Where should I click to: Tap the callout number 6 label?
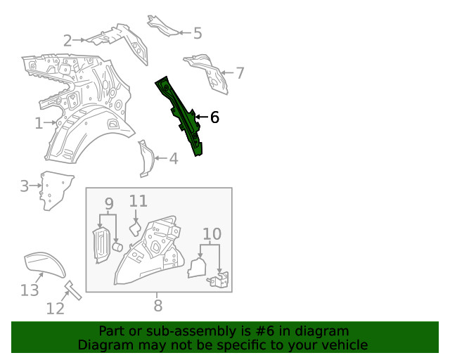(214, 117)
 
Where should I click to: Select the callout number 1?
(39, 124)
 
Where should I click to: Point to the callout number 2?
(67, 41)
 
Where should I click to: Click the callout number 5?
(198, 33)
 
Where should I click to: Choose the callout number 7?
(240, 73)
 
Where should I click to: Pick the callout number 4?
(174, 158)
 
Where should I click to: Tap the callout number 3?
(25, 186)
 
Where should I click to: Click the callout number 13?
(30, 290)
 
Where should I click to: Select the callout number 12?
(56, 309)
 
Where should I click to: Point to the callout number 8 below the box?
(158, 305)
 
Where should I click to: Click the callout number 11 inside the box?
(139, 201)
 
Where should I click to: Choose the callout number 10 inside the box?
(212, 234)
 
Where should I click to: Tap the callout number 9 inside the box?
(109, 203)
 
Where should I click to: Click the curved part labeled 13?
(45, 265)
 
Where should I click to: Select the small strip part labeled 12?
(73, 290)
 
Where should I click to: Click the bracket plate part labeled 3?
(55, 190)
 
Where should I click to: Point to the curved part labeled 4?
(147, 159)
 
